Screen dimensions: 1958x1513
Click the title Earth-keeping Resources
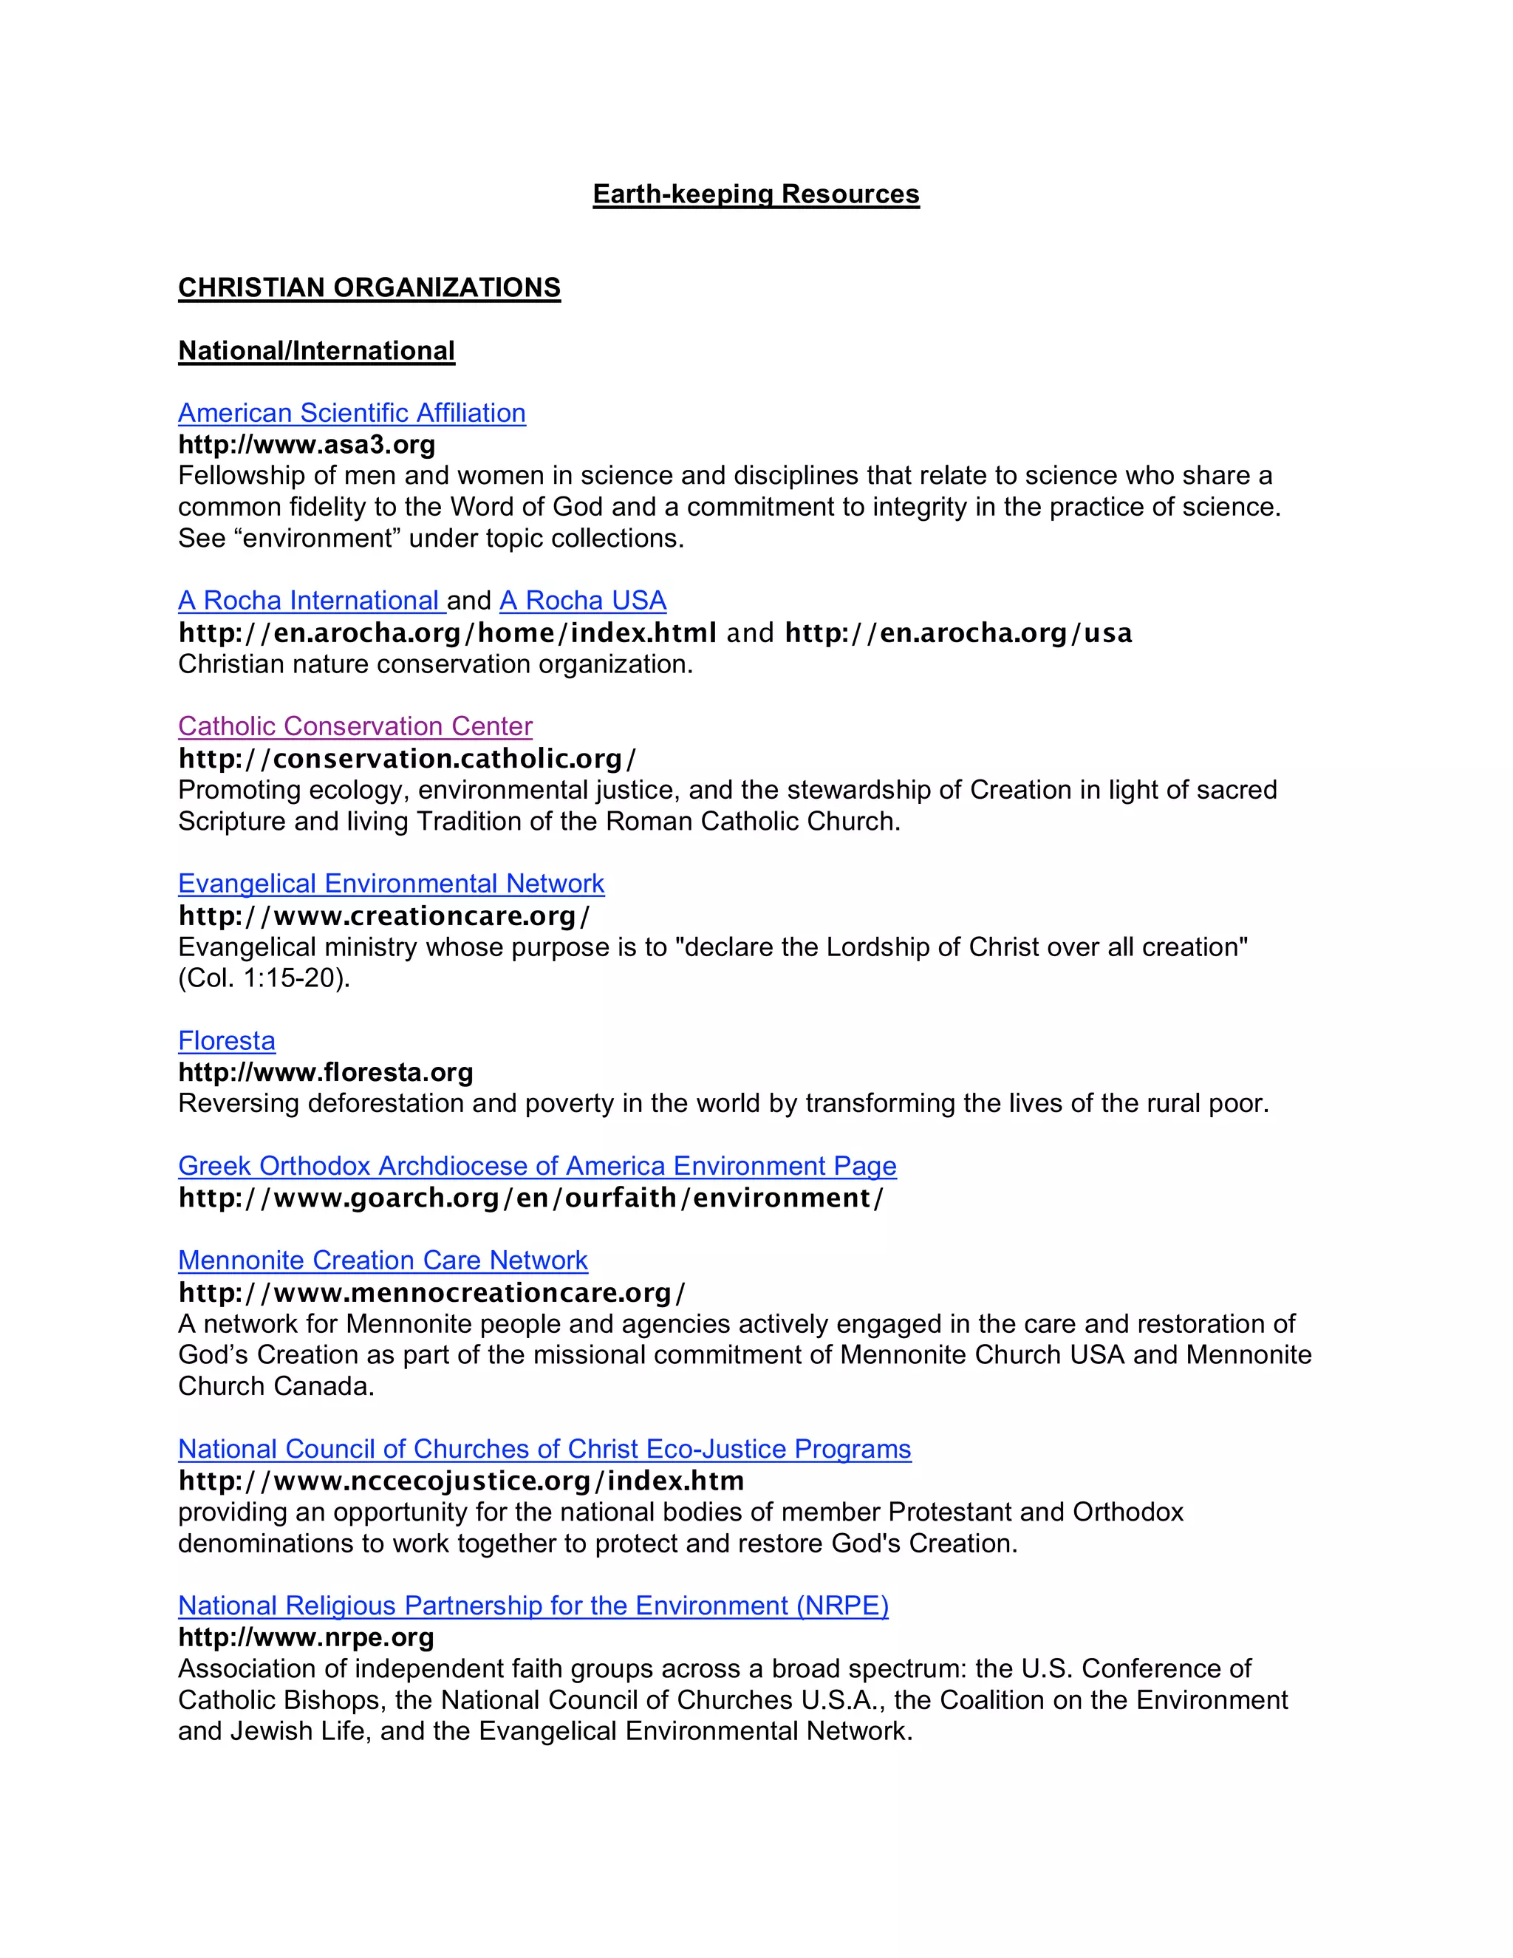pos(756,194)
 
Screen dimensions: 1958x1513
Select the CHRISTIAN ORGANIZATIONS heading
pos(369,287)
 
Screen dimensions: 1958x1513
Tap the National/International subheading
pos(316,350)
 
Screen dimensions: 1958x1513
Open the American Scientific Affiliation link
pos(352,413)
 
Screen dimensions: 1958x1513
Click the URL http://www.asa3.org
pos(307,445)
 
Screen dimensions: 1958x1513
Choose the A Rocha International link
pos(310,601)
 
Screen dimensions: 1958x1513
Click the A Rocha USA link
pos(583,601)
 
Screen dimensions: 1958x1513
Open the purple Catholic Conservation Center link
pos(355,726)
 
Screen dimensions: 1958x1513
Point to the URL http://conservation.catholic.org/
pos(407,759)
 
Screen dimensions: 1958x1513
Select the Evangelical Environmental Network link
pos(391,884)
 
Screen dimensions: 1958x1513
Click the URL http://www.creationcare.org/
pos(384,915)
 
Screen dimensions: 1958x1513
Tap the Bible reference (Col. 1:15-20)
pos(264,978)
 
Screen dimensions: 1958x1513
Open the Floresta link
pos(227,1041)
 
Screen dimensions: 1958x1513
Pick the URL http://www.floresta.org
pos(325,1072)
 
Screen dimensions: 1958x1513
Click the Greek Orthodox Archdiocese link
pos(537,1167)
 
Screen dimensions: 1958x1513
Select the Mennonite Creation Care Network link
pos(383,1261)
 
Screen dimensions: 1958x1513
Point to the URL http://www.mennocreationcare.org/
pos(432,1293)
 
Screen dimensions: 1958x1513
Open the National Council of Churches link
pos(544,1450)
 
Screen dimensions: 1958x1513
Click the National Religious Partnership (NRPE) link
pos(533,1606)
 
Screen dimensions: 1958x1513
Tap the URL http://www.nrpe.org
pos(306,1637)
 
